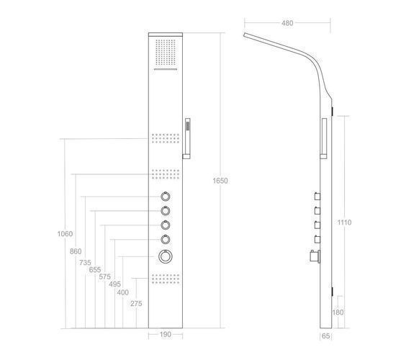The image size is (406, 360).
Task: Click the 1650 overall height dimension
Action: (220, 181)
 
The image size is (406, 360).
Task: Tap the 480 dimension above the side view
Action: (287, 23)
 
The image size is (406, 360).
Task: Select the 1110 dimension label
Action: (344, 222)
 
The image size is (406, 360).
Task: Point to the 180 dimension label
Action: (338, 312)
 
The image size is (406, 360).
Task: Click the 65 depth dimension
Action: (325, 336)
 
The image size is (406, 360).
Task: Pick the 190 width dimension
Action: (165, 335)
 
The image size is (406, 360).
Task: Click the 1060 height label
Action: (65, 234)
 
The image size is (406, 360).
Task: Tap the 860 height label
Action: (76, 251)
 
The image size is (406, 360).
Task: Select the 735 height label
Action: (85, 263)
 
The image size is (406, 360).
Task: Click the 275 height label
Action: (136, 304)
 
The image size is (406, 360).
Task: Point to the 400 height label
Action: (122, 292)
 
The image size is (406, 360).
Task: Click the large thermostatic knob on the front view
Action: (166, 256)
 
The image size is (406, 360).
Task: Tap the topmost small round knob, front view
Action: (165, 197)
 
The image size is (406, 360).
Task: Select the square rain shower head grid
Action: (166, 53)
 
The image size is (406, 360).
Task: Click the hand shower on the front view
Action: (187, 138)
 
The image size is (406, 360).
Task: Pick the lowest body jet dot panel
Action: (166, 279)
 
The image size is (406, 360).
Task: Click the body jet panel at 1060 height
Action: (166, 138)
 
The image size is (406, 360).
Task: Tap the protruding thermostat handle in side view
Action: (315, 256)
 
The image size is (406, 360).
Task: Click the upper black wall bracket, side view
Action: (333, 112)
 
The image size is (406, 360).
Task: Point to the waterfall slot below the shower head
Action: (166, 69)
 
